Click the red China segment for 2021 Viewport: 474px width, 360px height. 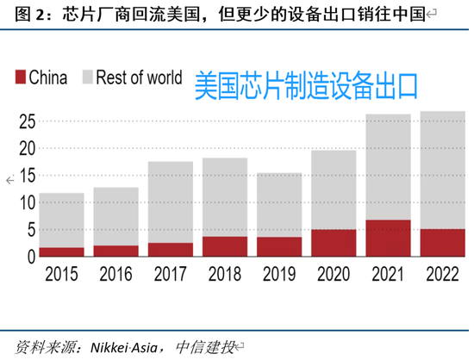point(388,238)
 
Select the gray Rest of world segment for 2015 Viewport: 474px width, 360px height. point(61,220)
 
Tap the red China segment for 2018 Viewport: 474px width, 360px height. point(225,246)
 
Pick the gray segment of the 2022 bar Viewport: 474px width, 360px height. point(442,170)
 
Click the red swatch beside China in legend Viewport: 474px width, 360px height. point(20,78)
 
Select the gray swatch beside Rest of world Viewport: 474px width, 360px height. point(87,78)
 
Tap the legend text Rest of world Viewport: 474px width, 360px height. point(139,78)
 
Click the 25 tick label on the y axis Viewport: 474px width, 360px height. point(26,121)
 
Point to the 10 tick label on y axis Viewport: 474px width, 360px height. point(26,202)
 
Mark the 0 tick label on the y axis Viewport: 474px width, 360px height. point(30,257)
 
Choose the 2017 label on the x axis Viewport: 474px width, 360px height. point(170,276)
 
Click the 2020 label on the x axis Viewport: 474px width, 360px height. point(334,276)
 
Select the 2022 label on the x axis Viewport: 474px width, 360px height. point(442,276)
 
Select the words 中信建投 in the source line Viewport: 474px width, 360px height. point(205,347)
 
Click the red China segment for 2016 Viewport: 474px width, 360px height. point(115,251)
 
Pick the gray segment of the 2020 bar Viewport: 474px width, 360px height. point(334,189)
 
